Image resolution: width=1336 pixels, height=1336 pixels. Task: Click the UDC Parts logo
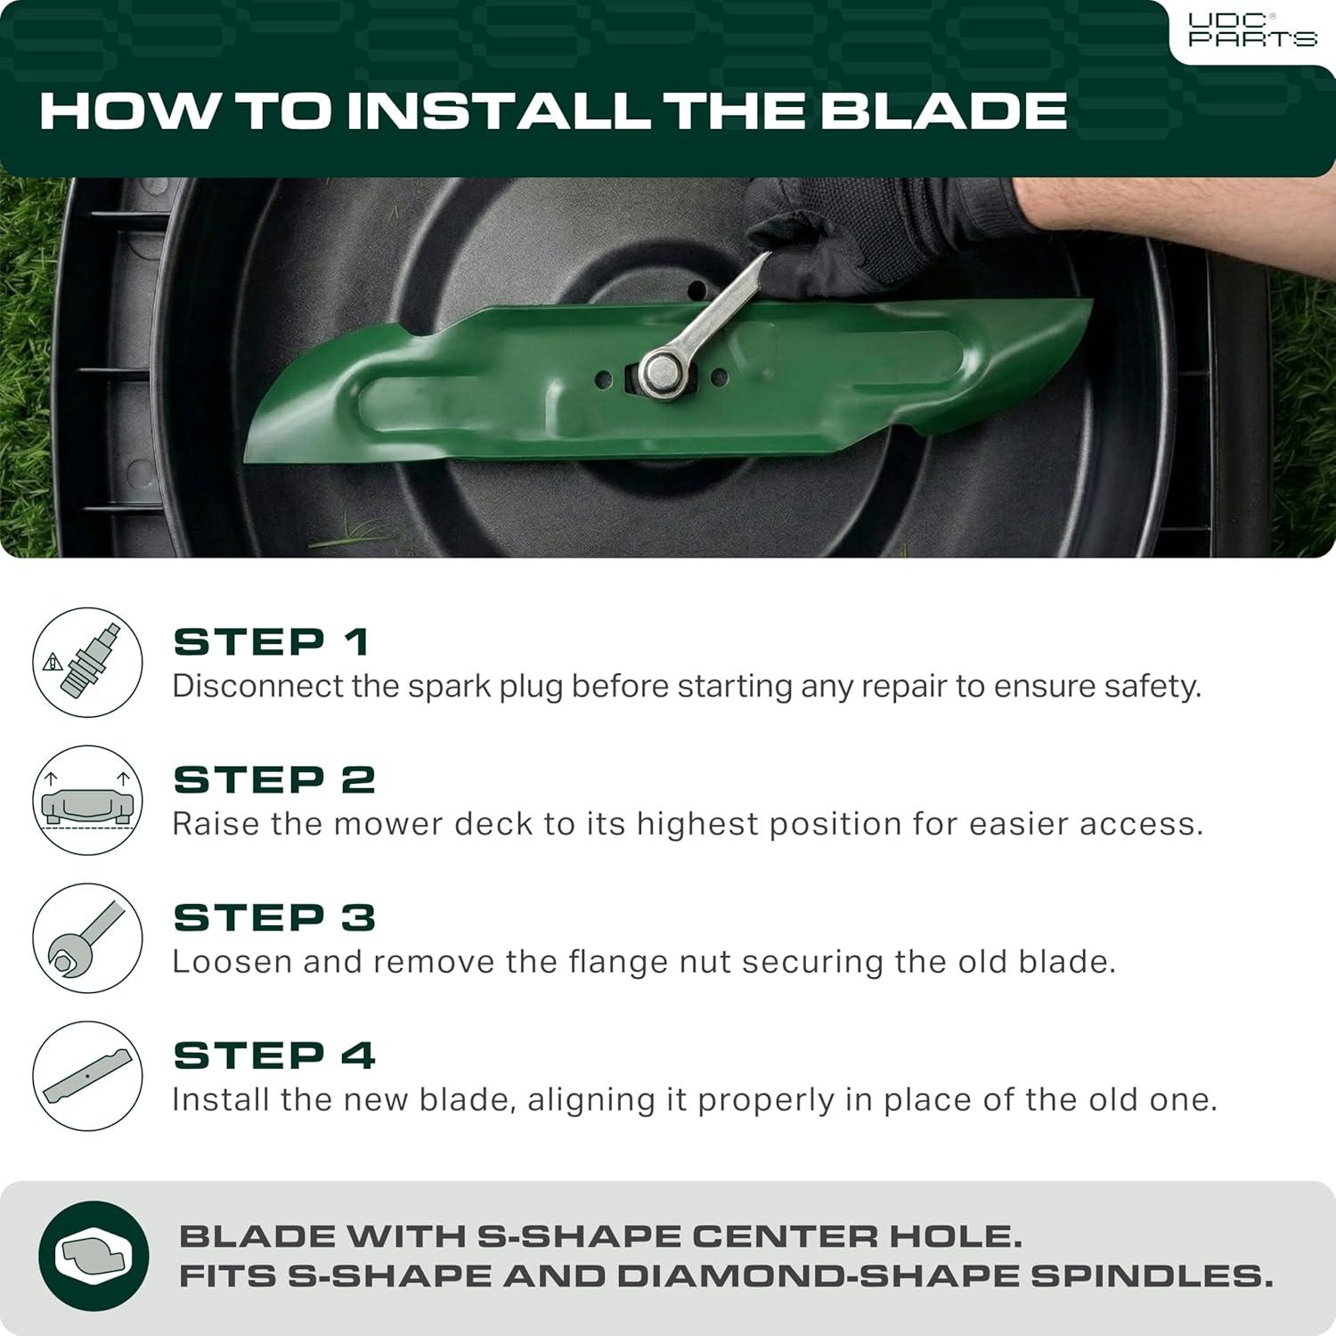click(1252, 30)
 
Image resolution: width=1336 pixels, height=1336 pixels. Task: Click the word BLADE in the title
click(943, 110)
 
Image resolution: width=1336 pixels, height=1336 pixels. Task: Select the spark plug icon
click(88, 662)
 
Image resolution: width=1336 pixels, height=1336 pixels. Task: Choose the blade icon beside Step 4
click(88, 1076)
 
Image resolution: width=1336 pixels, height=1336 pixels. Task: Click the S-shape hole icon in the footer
click(94, 1256)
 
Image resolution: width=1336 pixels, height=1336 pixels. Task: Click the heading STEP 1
click(271, 641)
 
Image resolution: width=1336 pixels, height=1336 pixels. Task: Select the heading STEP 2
click(274, 779)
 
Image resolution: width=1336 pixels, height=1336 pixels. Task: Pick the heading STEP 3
click(274, 917)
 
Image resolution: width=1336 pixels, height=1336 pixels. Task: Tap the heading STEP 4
click(274, 1055)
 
